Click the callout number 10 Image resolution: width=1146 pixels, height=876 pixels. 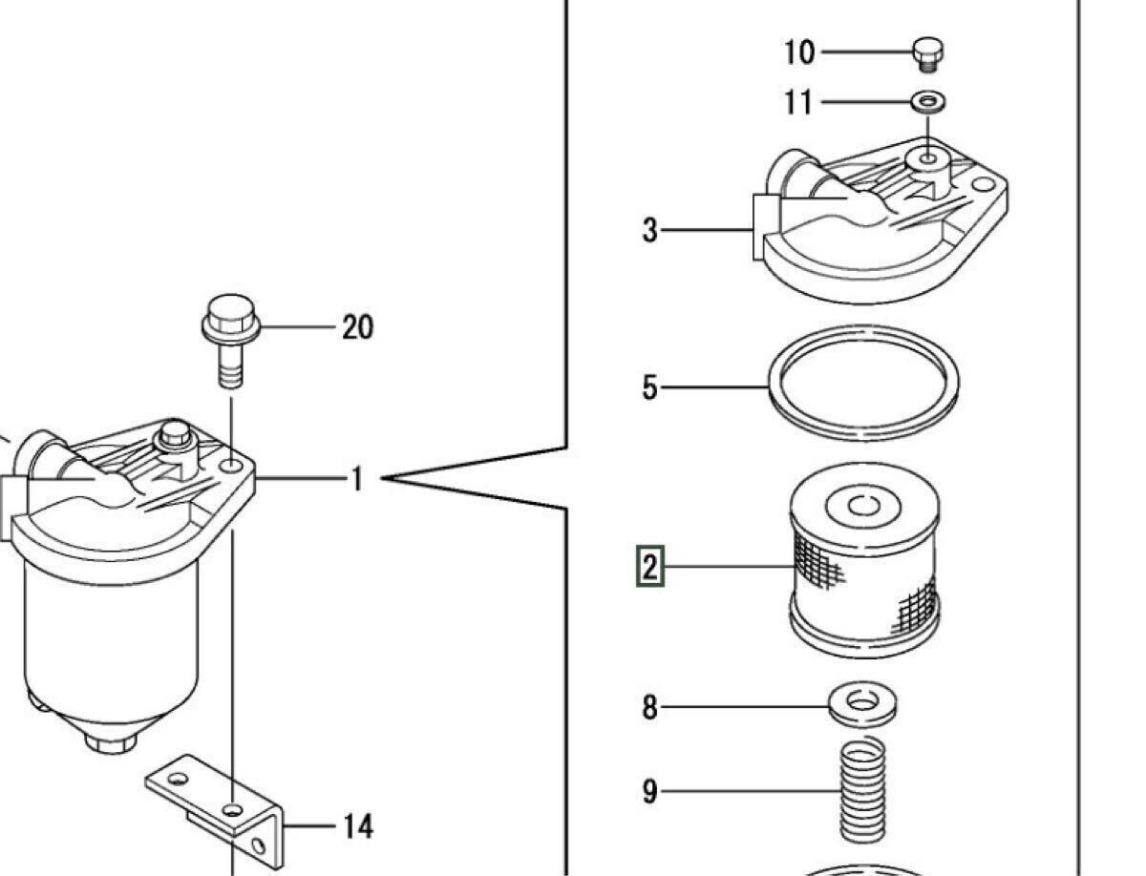click(799, 52)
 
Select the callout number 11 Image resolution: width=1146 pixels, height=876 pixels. click(798, 101)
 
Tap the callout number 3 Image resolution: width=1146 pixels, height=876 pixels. click(649, 230)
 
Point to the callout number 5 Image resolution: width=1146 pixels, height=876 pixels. click(649, 387)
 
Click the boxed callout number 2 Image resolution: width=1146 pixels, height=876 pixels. click(650, 568)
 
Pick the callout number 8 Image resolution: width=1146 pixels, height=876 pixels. click(649, 707)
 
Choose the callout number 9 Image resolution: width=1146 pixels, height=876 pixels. click(649, 791)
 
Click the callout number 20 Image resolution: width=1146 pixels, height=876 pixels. click(357, 328)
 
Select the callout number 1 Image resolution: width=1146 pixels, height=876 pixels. click(357, 477)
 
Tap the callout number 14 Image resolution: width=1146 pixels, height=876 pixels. click(357, 825)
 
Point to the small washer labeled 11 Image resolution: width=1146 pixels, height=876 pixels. click(927, 100)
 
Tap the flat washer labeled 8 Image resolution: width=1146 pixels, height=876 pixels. click(862, 705)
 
